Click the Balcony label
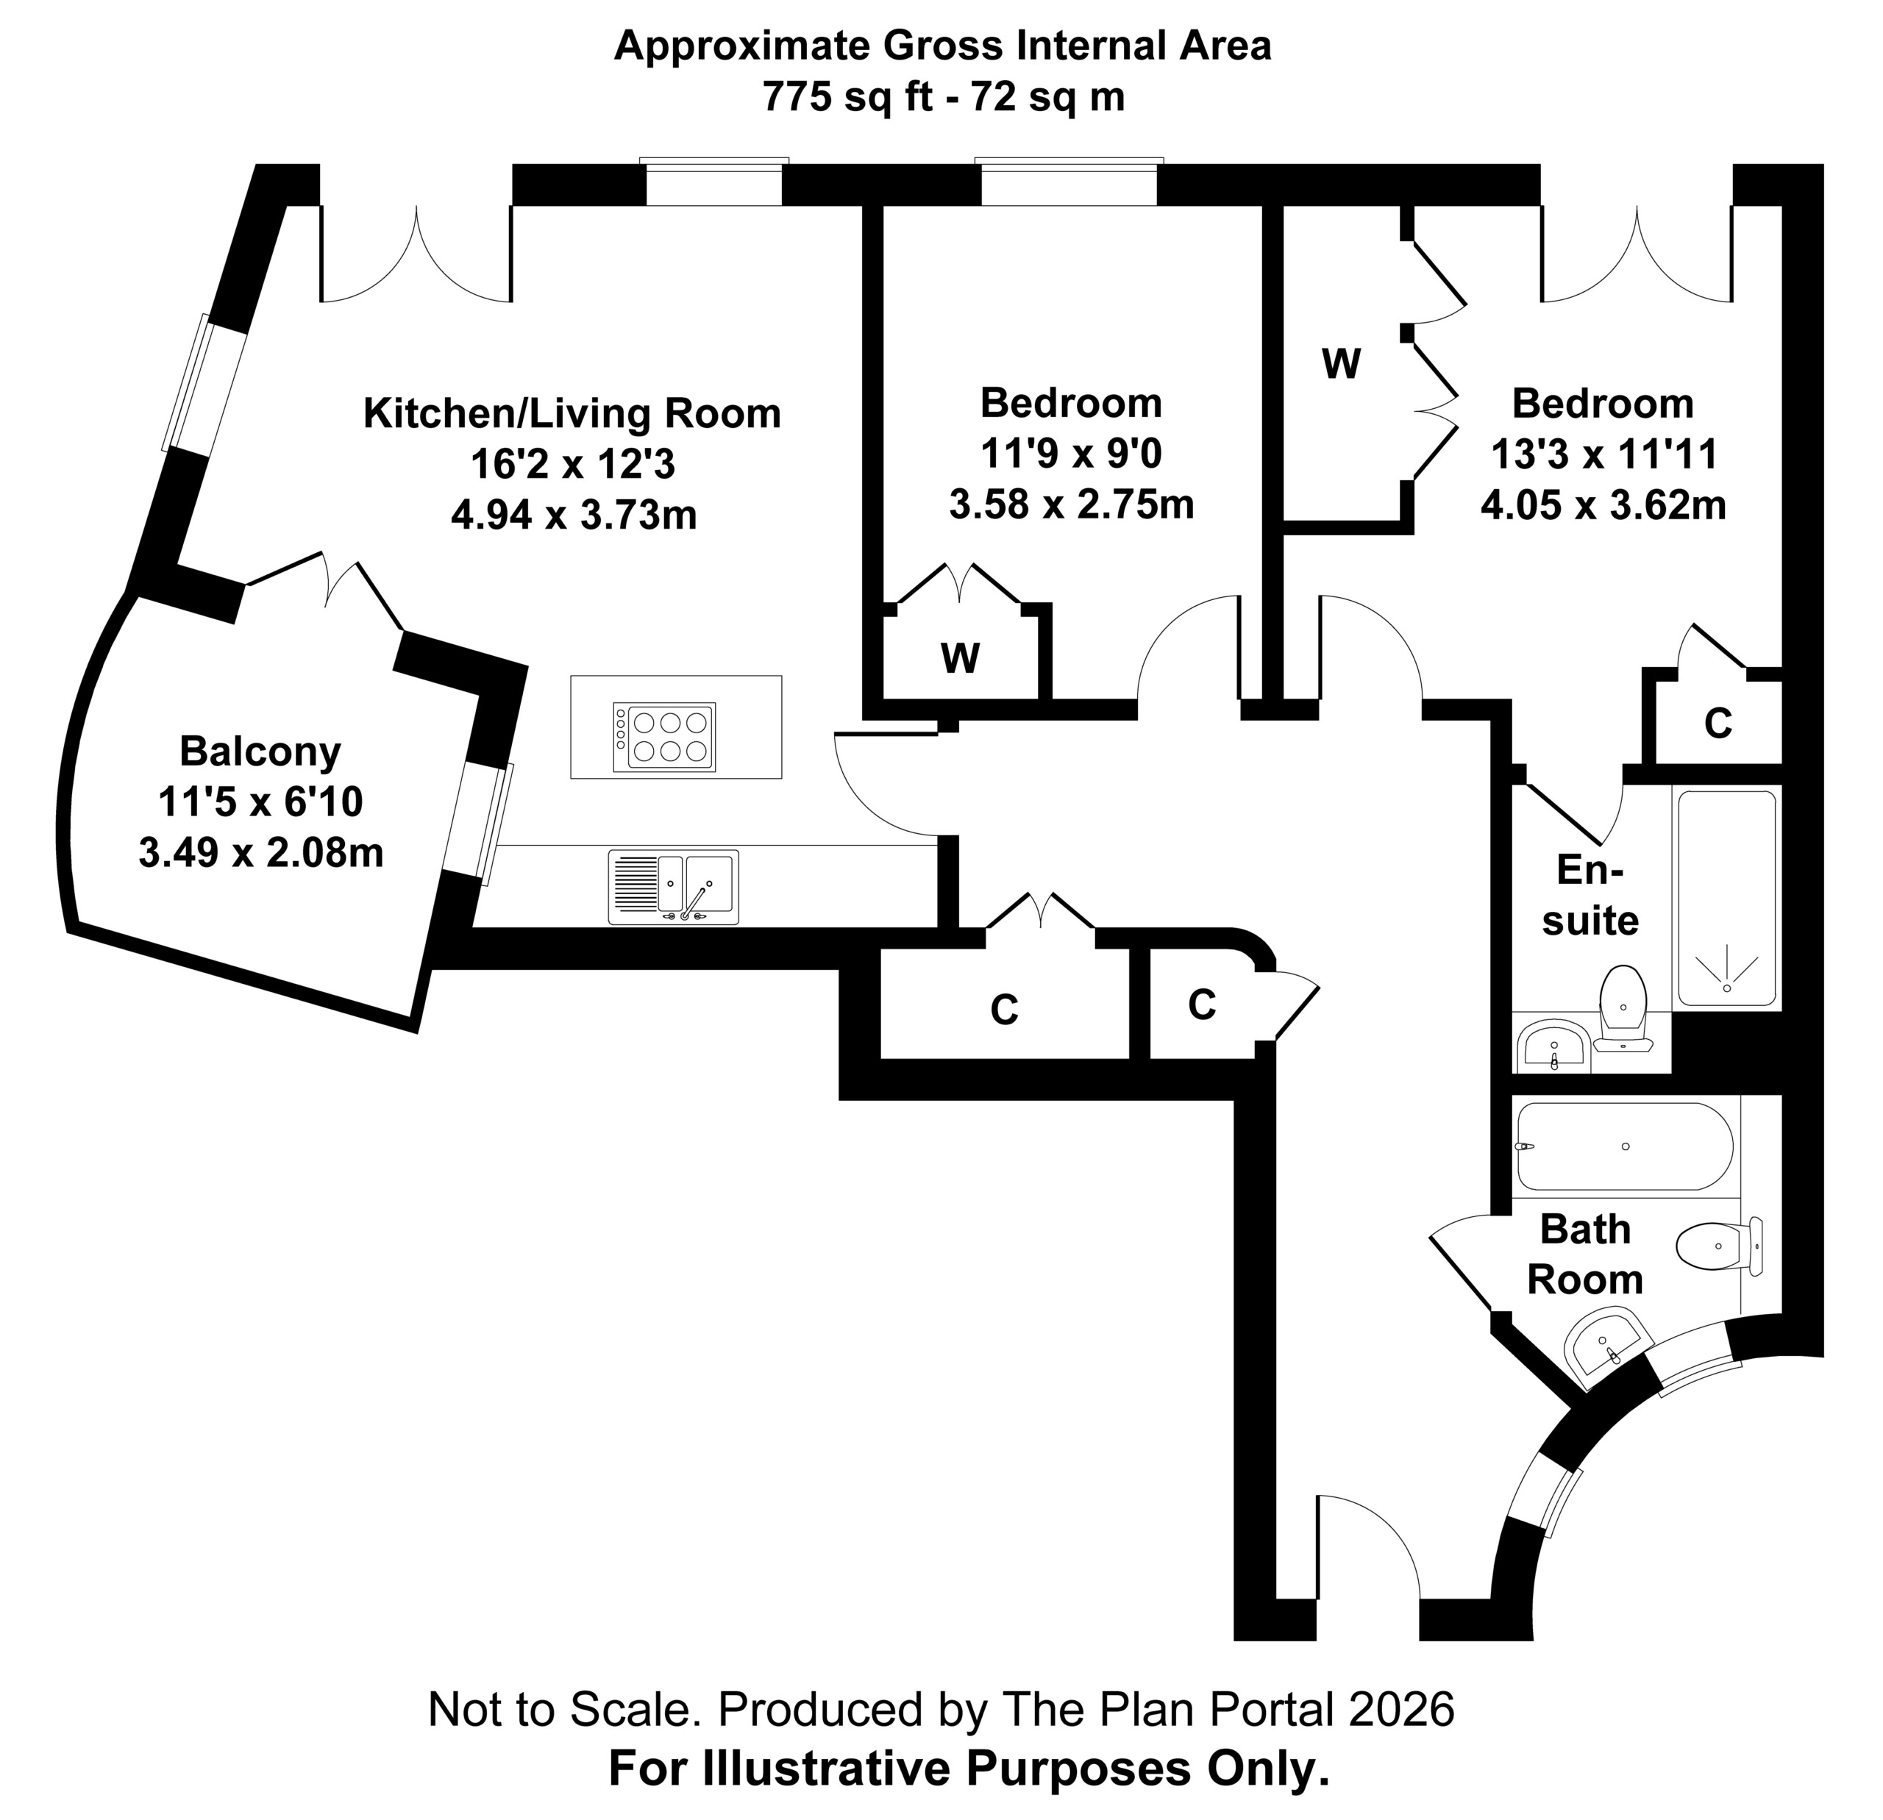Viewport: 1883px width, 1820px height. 260,751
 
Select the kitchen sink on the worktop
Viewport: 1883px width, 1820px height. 674,887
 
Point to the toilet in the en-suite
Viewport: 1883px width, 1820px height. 1623,1007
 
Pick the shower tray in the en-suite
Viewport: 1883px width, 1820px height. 1726,898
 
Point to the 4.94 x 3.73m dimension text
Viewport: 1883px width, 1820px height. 574,515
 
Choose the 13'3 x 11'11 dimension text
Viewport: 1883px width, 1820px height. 1603,454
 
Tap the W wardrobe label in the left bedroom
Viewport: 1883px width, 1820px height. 961,659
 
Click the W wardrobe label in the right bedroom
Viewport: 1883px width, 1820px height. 1341,364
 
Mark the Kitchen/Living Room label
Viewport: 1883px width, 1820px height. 572,413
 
